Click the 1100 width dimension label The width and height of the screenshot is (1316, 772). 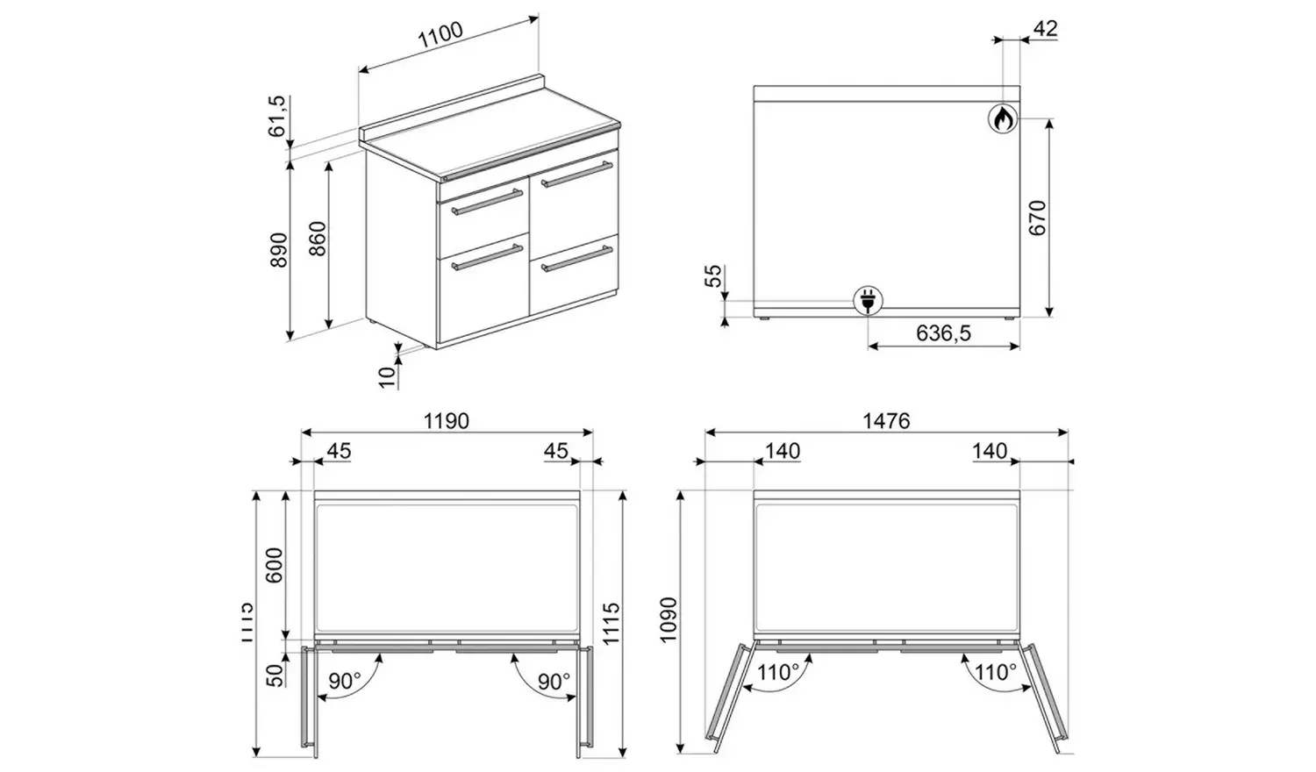pos(440,37)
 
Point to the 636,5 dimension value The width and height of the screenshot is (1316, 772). pos(943,333)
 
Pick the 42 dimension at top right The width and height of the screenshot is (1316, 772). pos(1045,28)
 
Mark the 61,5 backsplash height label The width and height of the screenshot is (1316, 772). pos(277,116)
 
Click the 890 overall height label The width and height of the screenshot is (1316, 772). pos(278,250)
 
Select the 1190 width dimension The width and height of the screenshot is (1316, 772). pos(447,421)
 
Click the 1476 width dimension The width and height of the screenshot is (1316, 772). pos(886,421)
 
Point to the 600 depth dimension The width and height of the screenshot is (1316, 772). pos(275,566)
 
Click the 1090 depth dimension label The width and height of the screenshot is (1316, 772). pos(669,620)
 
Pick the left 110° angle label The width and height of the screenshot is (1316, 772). pos(778,673)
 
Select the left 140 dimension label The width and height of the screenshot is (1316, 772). pos(782,451)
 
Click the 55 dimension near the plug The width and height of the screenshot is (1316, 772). pos(715,276)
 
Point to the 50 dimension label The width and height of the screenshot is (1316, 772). pos(275,674)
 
